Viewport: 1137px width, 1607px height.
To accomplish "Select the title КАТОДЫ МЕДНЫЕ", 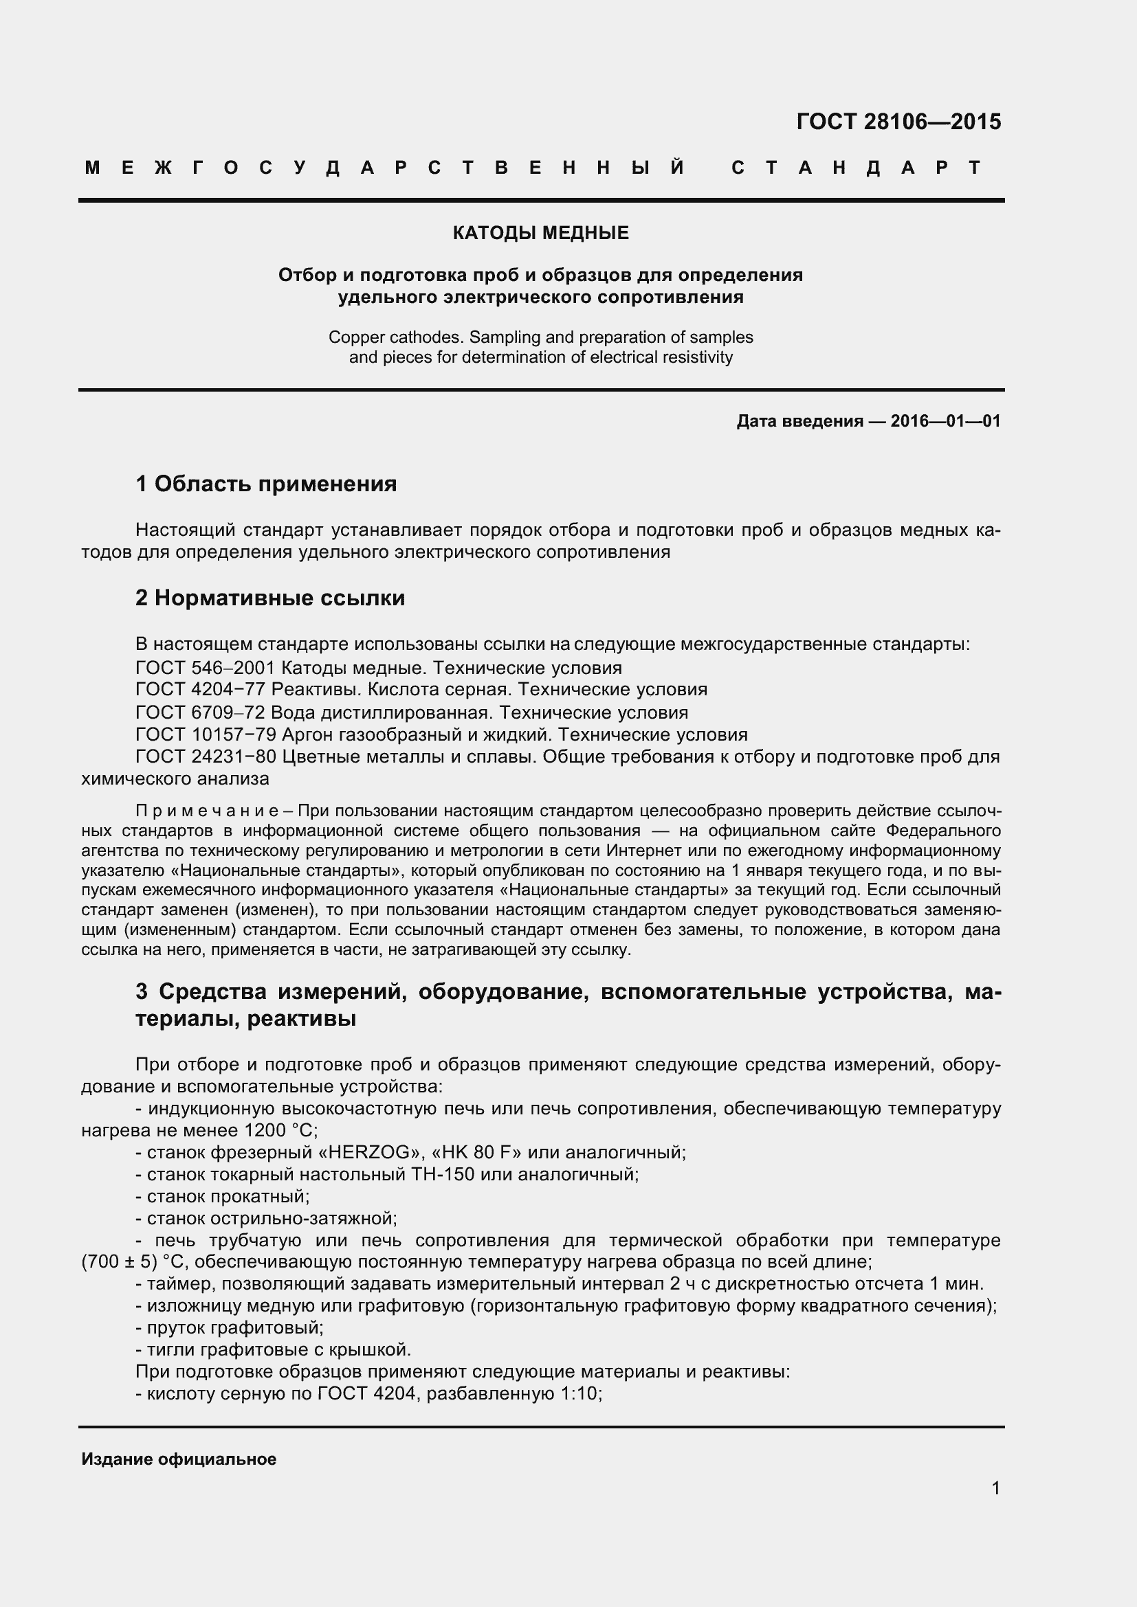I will click(540, 233).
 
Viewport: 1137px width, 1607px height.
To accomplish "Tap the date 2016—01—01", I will click(945, 421).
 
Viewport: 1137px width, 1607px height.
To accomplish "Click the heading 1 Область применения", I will click(266, 484).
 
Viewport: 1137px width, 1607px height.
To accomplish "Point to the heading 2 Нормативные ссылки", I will click(270, 598).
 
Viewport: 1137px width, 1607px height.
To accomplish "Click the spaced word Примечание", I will click(208, 811).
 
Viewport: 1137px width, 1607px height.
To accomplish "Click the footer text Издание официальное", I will click(179, 1459).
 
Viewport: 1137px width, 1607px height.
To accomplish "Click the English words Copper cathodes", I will click(395, 337).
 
